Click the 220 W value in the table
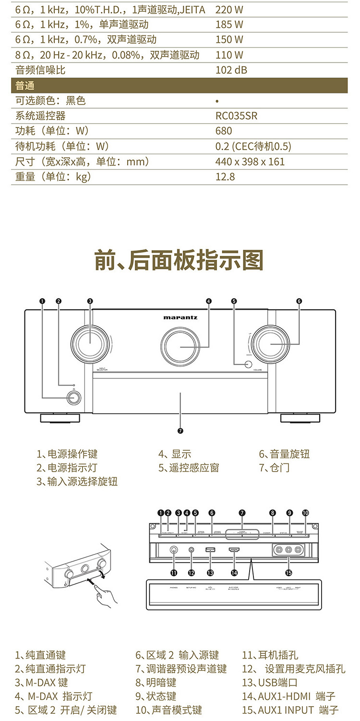pos(229,9)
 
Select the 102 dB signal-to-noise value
pos(231,70)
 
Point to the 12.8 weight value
pos(225,177)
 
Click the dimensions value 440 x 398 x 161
pos(250,161)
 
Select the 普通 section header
pos(25,86)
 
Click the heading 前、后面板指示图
pos(180,260)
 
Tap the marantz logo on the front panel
pos(180,317)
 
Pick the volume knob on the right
pos(269,344)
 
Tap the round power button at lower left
pos(74,397)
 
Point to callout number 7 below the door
pos(180,430)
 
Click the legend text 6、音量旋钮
pos(284,454)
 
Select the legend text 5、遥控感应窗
pos(189,467)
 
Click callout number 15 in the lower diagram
pos(288,572)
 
